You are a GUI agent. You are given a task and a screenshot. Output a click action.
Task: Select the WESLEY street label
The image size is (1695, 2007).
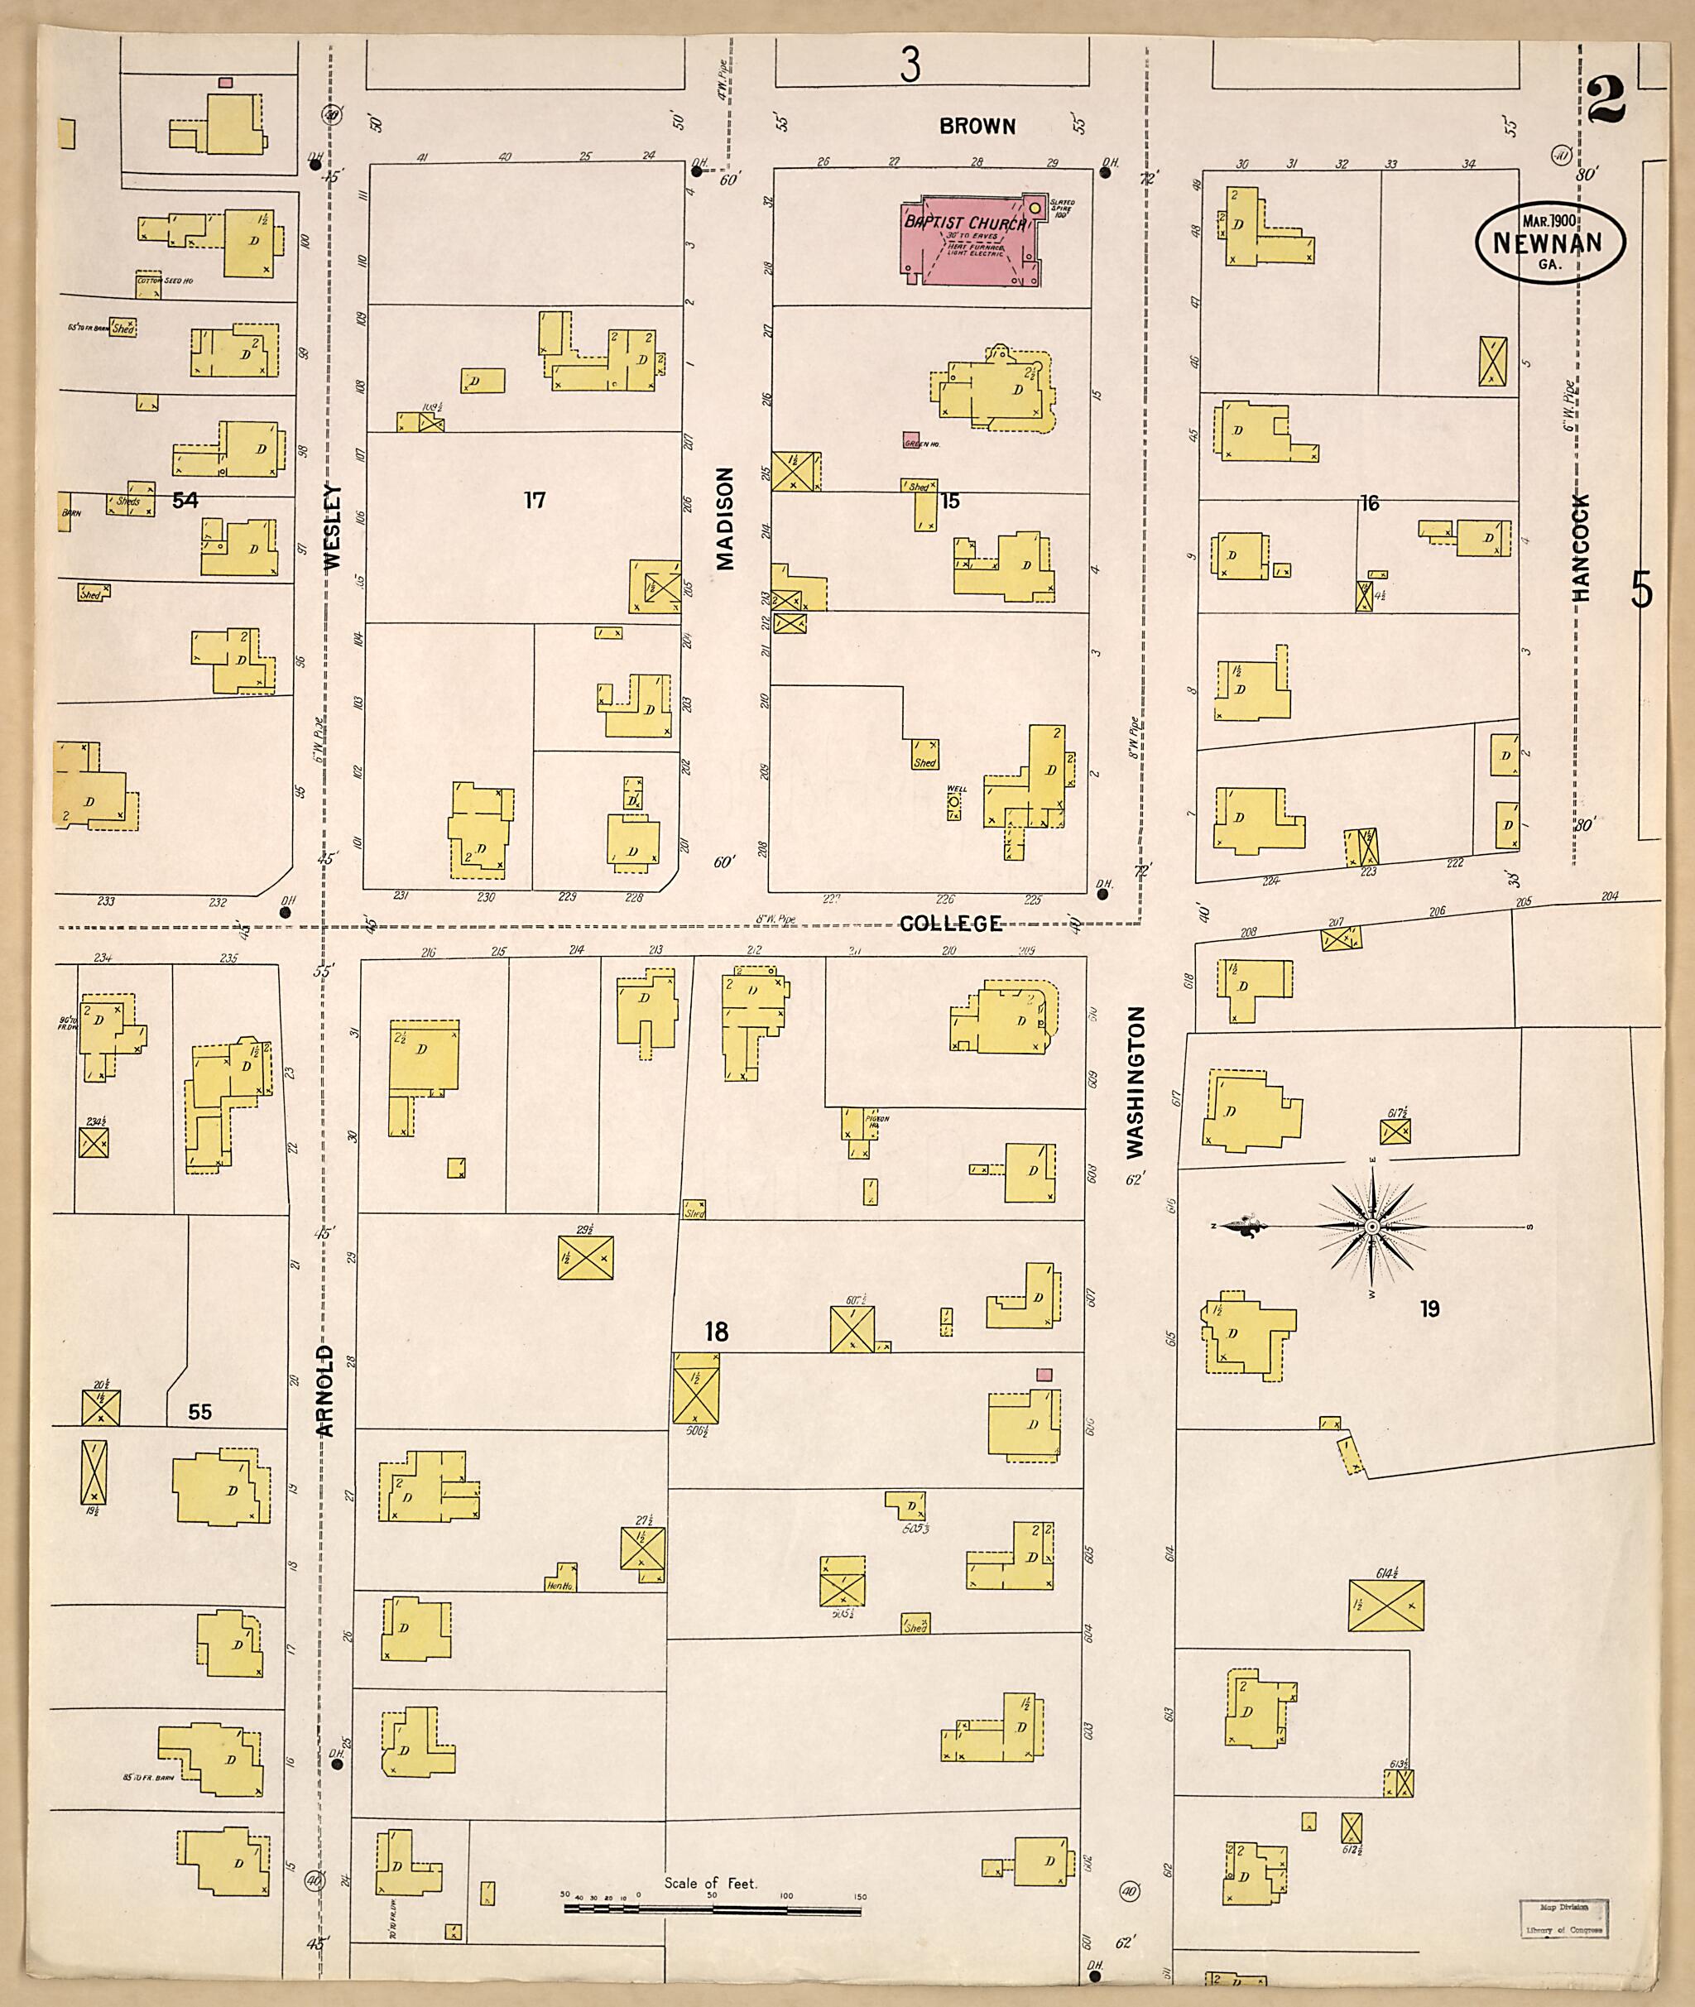coord(334,528)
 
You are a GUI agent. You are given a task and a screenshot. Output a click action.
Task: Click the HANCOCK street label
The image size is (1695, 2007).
coord(1582,549)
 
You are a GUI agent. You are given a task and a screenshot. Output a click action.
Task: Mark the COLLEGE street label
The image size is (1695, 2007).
coord(950,924)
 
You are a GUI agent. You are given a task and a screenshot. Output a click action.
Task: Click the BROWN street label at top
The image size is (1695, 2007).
coord(977,126)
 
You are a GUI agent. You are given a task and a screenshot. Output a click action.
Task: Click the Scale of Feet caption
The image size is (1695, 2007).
coord(710,1883)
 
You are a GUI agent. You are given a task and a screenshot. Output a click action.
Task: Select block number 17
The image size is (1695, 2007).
coord(535,500)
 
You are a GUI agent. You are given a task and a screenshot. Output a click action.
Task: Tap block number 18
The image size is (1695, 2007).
coord(716,1332)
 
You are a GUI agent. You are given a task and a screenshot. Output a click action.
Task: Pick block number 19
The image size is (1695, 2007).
coord(1430,1308)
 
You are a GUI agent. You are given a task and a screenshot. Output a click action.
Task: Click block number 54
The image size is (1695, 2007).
coord(185,500)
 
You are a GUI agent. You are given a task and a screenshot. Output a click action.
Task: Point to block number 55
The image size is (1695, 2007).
coord(199,1412)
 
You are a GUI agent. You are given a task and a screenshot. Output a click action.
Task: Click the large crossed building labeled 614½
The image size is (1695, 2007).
coord(1385,1606)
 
